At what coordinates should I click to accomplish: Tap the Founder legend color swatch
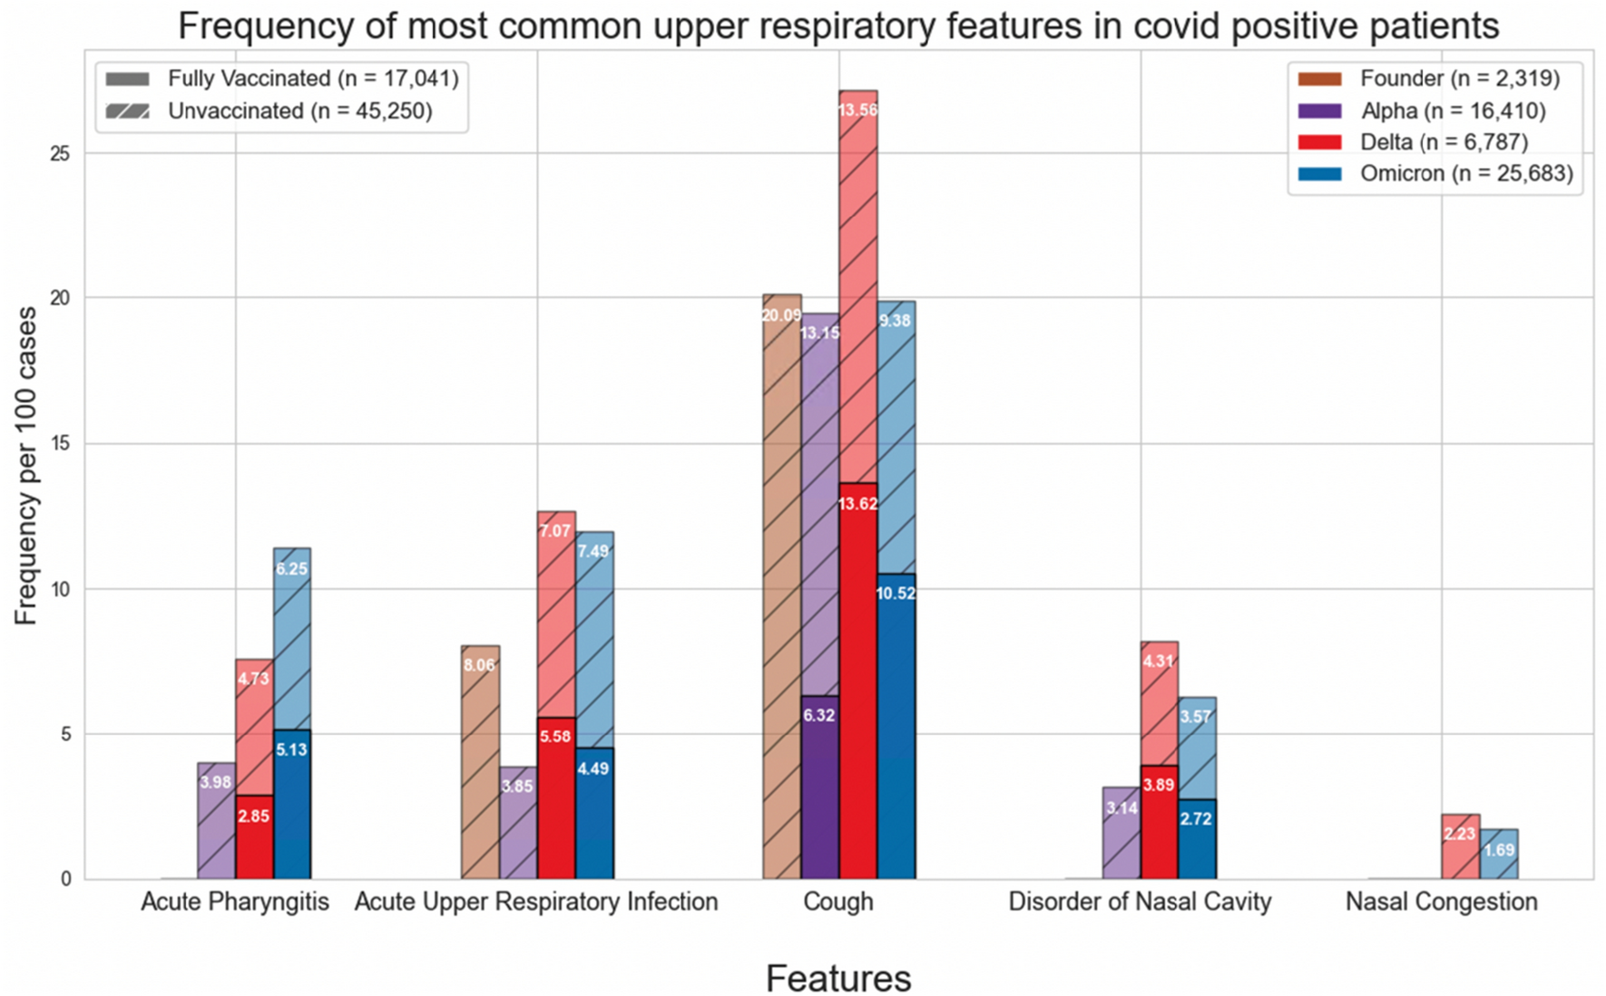1319,79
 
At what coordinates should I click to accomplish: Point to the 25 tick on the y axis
60,153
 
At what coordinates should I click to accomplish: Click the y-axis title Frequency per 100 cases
25,465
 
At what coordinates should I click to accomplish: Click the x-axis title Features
837,978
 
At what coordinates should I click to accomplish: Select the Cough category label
837,902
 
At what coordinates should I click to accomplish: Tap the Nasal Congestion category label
1441,902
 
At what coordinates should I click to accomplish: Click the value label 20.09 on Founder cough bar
781,316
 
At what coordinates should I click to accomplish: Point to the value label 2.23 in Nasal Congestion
1459,834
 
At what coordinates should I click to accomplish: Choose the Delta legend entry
1443,142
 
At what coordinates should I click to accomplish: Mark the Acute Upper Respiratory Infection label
535,902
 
